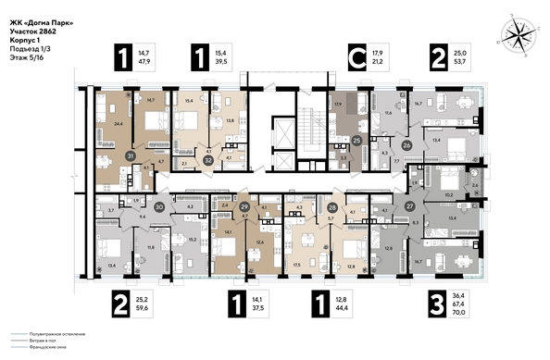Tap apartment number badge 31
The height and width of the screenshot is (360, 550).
pos(130,158)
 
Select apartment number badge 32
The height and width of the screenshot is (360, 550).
pos(209,160)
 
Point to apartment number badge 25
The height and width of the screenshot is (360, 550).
pos(356,140)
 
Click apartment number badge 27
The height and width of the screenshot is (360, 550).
pos(410,206)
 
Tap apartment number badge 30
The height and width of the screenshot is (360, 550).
pos(159,207)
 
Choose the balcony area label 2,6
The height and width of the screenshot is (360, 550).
pos(476,187)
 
